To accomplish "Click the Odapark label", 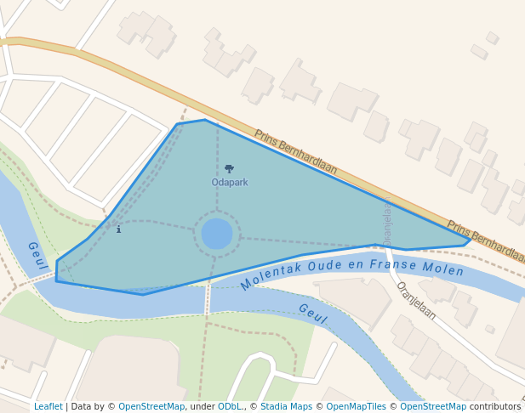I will coord(230,183).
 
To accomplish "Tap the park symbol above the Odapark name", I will coord(229,169).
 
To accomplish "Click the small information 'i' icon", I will coord(118,229).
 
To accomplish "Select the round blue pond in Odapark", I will coord(217,234).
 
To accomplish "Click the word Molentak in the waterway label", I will coord(271,274).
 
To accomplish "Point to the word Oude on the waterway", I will coord(325,266).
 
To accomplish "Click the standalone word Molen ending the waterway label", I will coord(444,269).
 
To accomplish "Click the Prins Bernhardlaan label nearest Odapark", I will coord(295,151).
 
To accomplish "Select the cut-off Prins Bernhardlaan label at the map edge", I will coord(485,241).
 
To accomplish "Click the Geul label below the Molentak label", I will coord(312,314).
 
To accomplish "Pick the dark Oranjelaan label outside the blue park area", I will coord(416,301).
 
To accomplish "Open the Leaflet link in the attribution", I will coord(49,407).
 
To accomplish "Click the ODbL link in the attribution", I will coord(231,407).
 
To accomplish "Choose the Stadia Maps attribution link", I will coord(286,407).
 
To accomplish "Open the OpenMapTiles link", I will coord(358,407).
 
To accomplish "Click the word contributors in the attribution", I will coord(495,407).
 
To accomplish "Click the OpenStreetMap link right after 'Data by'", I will coord(151,407).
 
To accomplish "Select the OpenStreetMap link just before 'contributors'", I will coord(433,407).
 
